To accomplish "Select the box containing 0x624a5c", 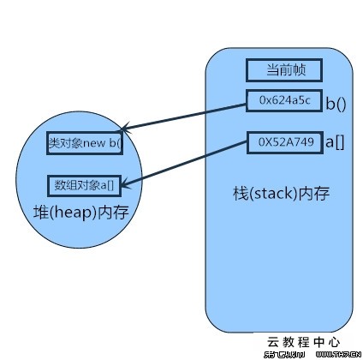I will coord(283,101).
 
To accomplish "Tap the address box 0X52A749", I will coord(282,141).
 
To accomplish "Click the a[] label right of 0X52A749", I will coord(333,142).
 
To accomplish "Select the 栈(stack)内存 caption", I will coord(282,193).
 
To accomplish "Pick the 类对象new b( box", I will coord(84,143).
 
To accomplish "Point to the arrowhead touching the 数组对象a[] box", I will coord(127,180).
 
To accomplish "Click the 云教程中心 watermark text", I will coord(304,340).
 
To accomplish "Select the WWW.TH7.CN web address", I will coord(335,353).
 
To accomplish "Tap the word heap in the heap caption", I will coord(69,212).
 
